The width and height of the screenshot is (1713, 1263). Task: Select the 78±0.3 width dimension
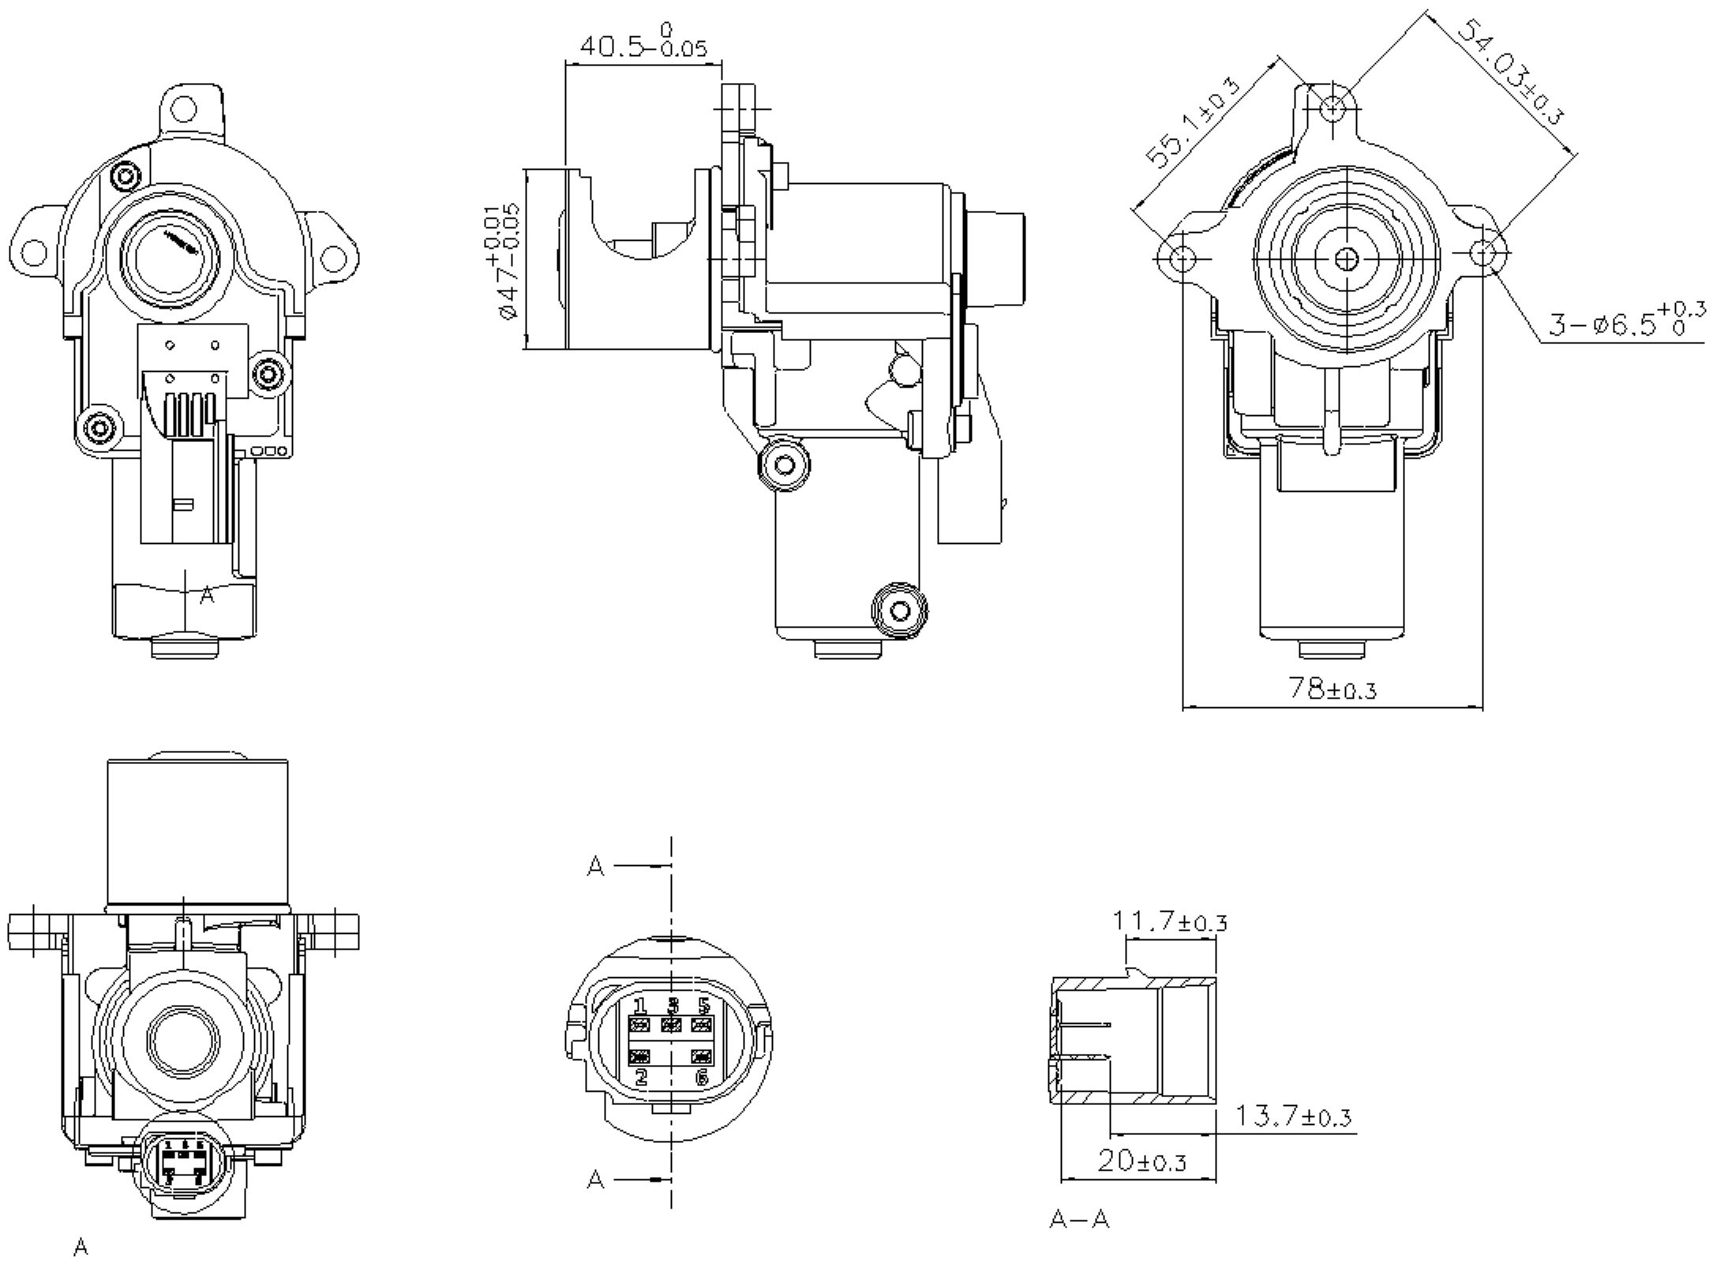pyautogui.click(x=1333, y=689)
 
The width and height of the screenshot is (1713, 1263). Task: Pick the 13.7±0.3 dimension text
pyautogui.click(x=1293, y=1117)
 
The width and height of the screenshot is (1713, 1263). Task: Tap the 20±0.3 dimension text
pyautogui.click(x=1141, y=1161)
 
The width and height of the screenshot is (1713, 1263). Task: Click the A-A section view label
pyautogui.click(x=1079, y=1220)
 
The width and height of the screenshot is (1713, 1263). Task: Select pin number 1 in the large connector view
pyautogui.click(x=639, y=1006)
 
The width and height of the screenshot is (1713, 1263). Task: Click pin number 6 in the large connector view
pyautogui.click(x=702, y=1077)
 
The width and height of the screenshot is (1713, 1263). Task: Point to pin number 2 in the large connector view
pyautogui.click(x=641, y=1077)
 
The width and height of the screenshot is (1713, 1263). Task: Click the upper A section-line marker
pyautogui.click(x=597, y=867)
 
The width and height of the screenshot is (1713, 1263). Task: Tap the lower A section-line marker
pyautogui.click(x=597, y=1180)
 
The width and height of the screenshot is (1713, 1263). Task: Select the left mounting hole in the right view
pyautogui.click(x=1182, y=258)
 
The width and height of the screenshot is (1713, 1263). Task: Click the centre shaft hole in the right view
pyautogui.click(x=1348, y=258)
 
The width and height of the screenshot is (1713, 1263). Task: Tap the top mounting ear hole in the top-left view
pyautogui.click(x=183, y=107)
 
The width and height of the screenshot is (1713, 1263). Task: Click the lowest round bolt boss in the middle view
pyautogui.click(x=899, y=609)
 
